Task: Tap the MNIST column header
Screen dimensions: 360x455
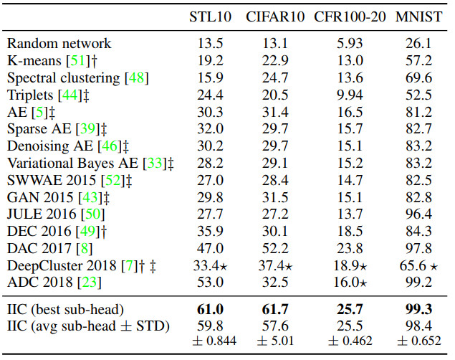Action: click(416, 16)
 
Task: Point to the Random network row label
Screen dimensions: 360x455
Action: click(59, 44)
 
